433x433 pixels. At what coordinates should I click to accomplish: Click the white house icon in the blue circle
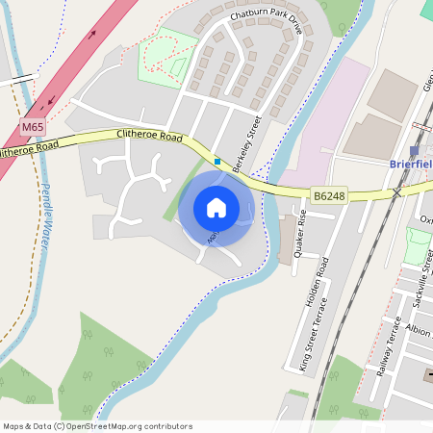click(216, 207)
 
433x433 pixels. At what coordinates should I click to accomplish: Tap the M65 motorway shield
click(33, 126)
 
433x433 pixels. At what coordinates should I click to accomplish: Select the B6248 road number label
click(329, 196)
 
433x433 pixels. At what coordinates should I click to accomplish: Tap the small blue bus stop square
click(217, 162)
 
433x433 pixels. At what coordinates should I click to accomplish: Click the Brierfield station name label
click(411, 165)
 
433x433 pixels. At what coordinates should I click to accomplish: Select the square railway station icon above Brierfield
click(415, 151)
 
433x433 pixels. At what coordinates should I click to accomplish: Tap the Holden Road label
click(317, 281)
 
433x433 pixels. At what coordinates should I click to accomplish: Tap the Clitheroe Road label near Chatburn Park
click(149, 137)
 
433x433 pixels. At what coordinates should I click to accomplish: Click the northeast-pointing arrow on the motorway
click(93, 35)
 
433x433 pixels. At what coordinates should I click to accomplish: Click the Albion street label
click(420, 329)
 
